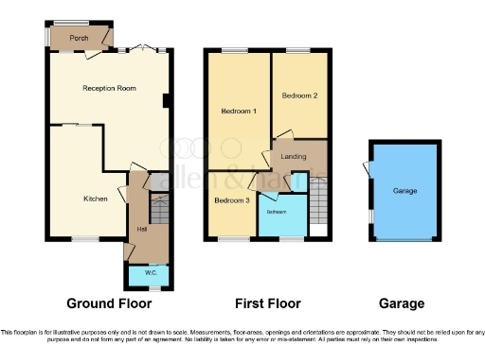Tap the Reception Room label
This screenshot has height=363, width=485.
(109, 88)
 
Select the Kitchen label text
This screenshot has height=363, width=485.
(96, 199)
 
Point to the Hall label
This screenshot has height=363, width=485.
(142, 229)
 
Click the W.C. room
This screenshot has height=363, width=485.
(150, 274)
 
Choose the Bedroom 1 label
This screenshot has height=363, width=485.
(238, 112)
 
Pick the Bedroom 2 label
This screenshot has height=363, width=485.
(300, 95)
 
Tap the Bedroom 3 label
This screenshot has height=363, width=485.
(231, 200)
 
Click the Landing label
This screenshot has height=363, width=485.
(293, 156)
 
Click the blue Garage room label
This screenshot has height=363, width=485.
(404, 191)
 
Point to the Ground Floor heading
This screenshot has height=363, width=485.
(106, 303)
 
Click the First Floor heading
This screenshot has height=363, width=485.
(267, 303)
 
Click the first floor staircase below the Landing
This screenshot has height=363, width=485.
(318, 200)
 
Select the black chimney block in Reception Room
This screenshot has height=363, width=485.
(166, 101)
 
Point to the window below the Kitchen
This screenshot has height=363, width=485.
(84, 239)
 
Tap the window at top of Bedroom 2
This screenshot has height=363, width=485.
(298, 50)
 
